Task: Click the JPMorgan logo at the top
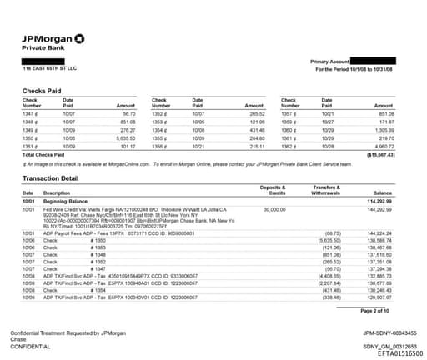pos(50,38)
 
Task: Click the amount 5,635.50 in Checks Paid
pos(123,137)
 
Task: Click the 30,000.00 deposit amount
pos(274,209)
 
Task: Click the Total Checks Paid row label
pos(47,154)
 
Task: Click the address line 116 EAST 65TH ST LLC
pos(49,68)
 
